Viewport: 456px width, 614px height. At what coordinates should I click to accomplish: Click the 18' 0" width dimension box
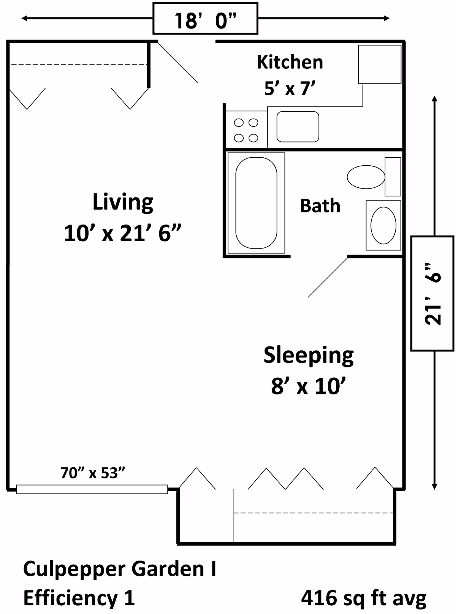click(205, 18)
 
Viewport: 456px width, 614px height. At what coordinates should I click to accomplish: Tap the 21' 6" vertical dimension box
click(432, 293)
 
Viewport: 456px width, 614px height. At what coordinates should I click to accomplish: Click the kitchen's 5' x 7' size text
click(290, 89)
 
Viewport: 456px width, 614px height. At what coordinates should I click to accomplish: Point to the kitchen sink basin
click(298, 127)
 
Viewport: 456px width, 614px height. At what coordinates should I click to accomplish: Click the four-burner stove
click(246, 130)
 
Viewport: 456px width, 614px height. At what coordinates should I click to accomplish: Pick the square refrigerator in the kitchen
click(380, 64)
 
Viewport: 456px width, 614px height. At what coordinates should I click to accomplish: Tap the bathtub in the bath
click(256, 203)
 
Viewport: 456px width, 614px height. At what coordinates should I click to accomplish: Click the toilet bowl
click(366, 177)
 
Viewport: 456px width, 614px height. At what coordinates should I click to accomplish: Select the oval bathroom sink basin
click(383, 225)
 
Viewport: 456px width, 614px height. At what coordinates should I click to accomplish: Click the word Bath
click(320, 206)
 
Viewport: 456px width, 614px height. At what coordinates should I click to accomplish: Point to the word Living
click(123, 203)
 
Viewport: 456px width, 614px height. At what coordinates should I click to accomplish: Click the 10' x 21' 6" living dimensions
click(122, 233)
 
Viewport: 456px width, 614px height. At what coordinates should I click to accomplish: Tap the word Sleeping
click(309, 356)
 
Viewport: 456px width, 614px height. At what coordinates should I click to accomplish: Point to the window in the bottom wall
click(92, 489)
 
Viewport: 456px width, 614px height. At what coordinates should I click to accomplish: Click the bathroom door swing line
click(328, 277)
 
